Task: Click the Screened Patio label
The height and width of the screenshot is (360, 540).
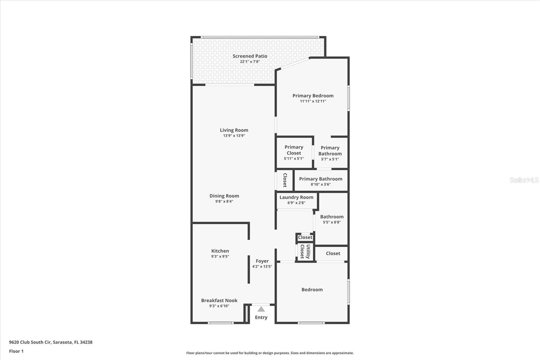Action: click(x=250, y=56)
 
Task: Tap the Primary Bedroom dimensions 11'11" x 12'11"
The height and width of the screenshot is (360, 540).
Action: click(x=313, y=101)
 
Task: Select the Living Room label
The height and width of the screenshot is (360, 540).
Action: click(x=234, y=130)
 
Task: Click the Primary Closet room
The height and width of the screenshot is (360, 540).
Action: click(x=294, y=152)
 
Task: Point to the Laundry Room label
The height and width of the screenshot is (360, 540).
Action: click(x=296, y=197)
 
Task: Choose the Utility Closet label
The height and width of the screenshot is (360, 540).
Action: click(x=305, y=252)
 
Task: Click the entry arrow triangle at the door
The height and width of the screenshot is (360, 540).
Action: click(x=261, y=309)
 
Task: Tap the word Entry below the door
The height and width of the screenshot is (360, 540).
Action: click(x=261, y=317)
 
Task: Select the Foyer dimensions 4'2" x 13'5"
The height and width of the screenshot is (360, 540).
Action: click(x=262, y=266)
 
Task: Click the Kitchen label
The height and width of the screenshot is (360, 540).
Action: click(x=220, y=251)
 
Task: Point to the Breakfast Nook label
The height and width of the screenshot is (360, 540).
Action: click(x=219, y=300)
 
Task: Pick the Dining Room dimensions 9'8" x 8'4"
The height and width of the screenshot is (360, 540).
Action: click(x=224, y=201)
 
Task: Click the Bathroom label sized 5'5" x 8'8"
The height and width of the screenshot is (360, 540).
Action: click(x=332, y=217)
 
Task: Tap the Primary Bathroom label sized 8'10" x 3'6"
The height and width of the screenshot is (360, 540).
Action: click(x=321, y=179)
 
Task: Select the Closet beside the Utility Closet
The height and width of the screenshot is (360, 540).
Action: click(x=333, y=253)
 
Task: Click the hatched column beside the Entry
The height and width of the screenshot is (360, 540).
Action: click(x=246, y=314)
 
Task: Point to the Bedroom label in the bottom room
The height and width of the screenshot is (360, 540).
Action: click(x=312, y=289)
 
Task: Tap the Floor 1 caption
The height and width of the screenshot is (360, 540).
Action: click(x=16, y=351)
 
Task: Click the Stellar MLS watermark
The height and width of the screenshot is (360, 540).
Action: click(x=524, y=180)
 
